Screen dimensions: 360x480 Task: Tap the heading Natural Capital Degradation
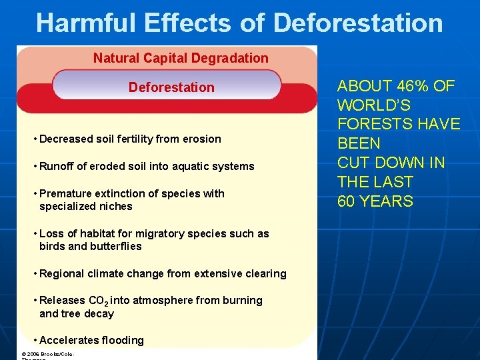click(x=181, y=58)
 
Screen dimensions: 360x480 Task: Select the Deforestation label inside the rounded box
click(x=171, y=87)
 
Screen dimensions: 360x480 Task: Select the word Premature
click(x=65, y=193)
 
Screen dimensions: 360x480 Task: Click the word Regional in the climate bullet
click(x=62, y=273)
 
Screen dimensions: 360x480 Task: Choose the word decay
click(x=100, y=314)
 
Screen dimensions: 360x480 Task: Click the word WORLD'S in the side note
click(x=374, y=105)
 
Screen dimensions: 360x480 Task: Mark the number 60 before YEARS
click(x=347, y=201)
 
